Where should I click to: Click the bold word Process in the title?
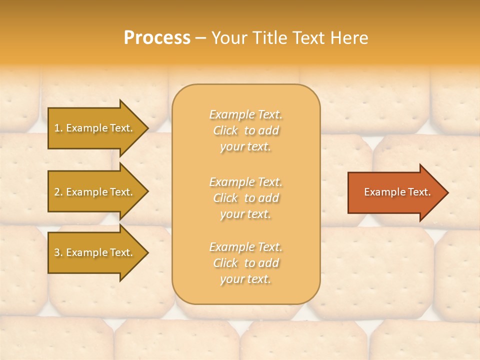[x=157, y=38]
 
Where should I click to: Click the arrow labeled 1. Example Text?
[x=95, y=128]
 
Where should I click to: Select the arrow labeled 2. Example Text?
[x=95, y=192]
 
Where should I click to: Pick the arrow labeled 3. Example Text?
[x=95, y=252]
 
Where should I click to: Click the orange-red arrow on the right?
[x=395, y=192]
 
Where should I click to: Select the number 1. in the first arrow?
[x=58, y=128]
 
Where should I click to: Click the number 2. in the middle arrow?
[x=58, y=192]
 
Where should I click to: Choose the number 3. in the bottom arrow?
[x=58, y=252]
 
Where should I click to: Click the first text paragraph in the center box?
[x=246, y=130]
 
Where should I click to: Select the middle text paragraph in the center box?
[x=246, y=198]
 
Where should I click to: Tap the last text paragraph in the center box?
[x=246, y=263]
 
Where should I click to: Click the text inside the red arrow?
[x=397, y=192]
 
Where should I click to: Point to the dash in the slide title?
[x=200, y=38]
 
